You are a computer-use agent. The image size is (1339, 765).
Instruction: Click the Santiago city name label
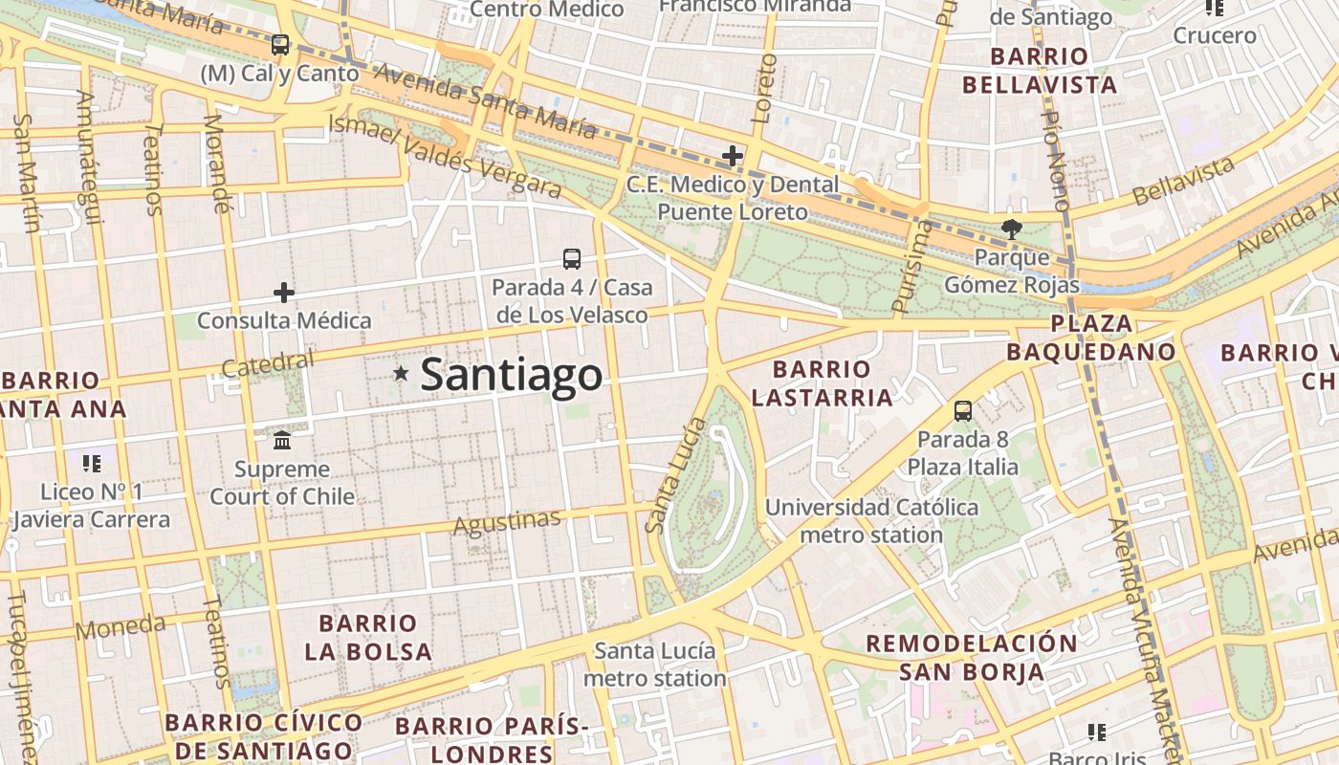pos(512,374)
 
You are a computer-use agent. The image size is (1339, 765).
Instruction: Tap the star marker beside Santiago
pos(401,374)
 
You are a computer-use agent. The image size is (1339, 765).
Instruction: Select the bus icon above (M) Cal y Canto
pos(280,44)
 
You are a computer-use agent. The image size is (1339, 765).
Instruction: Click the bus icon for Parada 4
pos(571,258)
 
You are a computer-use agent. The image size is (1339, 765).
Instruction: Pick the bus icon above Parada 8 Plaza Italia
pos(963,411)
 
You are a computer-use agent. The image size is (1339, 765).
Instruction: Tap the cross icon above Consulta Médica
pos(284,292)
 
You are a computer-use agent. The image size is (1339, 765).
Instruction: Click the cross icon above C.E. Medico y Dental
pos(733,155)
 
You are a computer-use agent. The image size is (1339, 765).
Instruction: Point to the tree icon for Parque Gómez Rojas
pos(1011,229)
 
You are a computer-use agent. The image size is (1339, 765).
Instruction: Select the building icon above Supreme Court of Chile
pos(282,440)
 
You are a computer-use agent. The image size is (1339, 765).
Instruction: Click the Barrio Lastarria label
pos(822,382)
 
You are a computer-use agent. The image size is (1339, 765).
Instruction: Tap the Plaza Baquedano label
pos(1091,338)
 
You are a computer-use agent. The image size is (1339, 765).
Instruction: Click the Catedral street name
pos(267,363)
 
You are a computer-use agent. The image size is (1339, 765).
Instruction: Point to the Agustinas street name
pos(507,522)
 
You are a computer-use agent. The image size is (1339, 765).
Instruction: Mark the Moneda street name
pos(120,627)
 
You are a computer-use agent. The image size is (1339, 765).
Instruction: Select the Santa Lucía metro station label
pos(654,665)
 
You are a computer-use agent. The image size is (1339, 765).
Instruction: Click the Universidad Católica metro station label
pos(871,520)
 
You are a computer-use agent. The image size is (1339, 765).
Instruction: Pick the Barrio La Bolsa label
pos(368,638)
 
